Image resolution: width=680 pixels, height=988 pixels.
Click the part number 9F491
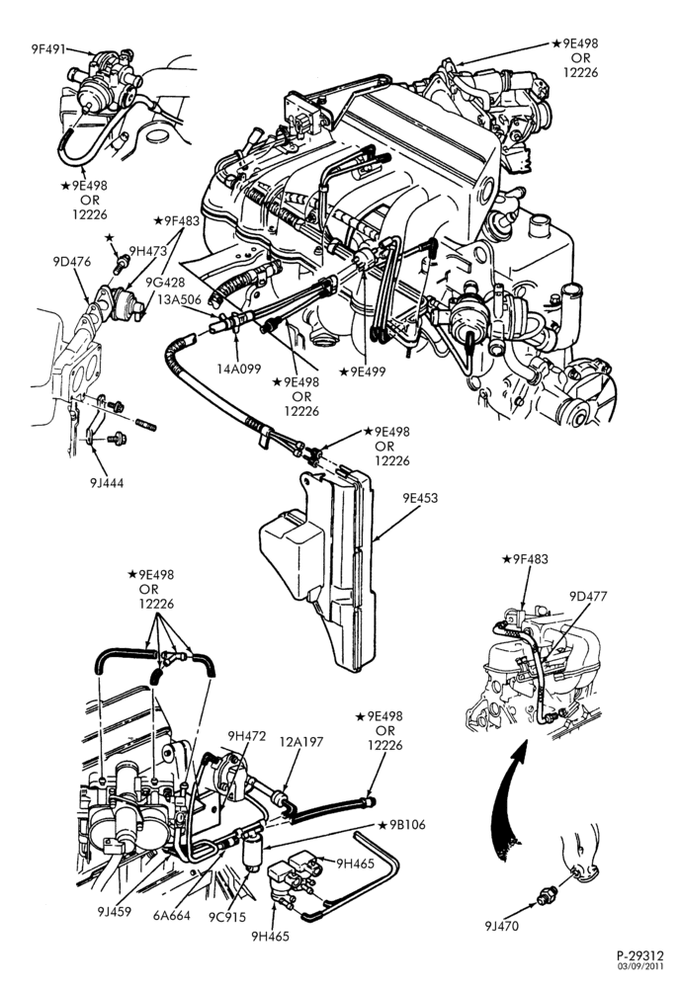coord(48,48)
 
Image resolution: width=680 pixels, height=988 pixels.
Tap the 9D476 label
coord(72,261)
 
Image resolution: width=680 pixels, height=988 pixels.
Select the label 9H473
coord(148,250)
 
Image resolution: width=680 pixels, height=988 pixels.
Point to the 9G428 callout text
coord(165,283)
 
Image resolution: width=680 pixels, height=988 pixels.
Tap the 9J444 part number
coord(107,483)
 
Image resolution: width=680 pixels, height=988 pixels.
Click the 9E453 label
coord(420,498)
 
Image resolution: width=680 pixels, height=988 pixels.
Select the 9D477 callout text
coord(588,596)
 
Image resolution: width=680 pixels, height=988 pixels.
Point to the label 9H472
coord(247,735)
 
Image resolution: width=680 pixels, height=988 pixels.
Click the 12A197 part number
coord(300,742)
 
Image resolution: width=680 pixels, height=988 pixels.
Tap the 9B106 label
coord(402,825)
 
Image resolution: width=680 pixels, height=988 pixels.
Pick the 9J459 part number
coord(114,912)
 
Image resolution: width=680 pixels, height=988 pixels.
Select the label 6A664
coord(171,916)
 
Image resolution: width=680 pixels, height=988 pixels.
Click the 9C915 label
coord(228,918)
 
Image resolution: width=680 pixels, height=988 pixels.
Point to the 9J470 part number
coord(502,926)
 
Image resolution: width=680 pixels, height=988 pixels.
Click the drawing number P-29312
coord(639,956)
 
